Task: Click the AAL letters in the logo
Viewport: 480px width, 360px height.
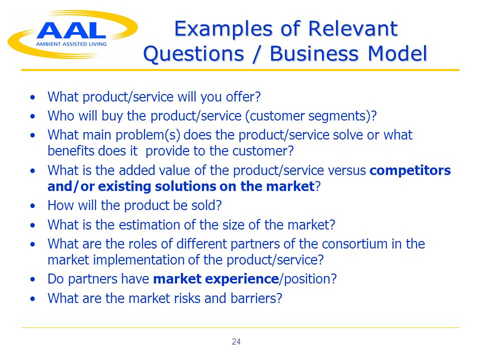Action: click(71, 30)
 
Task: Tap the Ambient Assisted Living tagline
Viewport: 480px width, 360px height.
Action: click(71, 44)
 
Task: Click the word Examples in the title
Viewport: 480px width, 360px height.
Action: click(223, 29)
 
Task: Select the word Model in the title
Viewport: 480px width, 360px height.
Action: click(397, 53)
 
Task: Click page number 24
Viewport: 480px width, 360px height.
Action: click(236, 341)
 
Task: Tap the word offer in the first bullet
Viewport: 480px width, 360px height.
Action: click(243, 97)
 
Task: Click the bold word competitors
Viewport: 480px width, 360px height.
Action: click(410, 170)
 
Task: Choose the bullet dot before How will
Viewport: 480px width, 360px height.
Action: click(33, 206)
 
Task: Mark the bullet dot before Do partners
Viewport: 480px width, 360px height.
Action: click(33, 279)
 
